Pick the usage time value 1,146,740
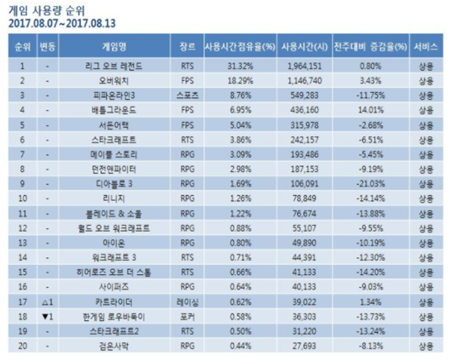click(x=303, y=80)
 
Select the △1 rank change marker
click(x=48, y=302)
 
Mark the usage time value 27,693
click(x=303, y=346)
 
